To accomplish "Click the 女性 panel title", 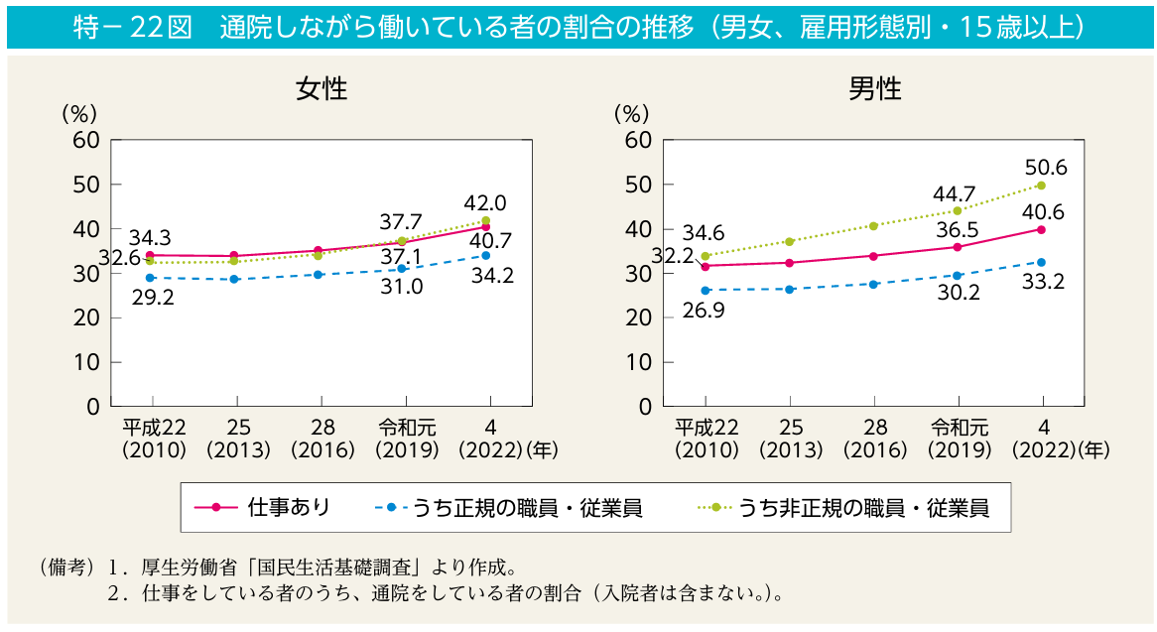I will coord(321,89).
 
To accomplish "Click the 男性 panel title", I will coord(874,89).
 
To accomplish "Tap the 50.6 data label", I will coord(1046,168).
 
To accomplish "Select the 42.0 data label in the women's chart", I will coord(485,203).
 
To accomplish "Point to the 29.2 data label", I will coord(153,297).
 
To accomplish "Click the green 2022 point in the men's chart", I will coord(1041,186).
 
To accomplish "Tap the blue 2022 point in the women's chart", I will coord(486,255).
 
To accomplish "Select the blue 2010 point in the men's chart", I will coord(706,291).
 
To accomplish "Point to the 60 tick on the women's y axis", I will coord(85,140).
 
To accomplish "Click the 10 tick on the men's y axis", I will coord(638,362).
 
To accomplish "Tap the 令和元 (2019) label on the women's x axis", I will coord(407,438).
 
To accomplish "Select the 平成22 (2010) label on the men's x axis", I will coord(707,438).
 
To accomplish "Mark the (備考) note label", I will coord(64,569).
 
